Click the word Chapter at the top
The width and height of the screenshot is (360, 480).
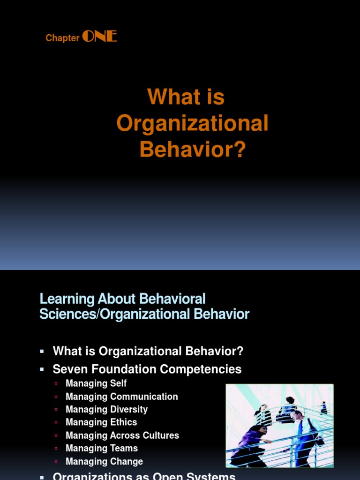pos(62,38)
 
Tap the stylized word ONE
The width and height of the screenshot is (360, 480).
pos(99,37)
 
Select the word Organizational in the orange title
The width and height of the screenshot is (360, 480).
pos(192,123)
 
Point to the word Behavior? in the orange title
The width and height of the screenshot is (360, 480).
pos(192,150)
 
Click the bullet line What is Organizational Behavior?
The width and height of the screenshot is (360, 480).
pos(148,351)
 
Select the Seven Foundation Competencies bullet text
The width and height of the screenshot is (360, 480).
pos(147,369)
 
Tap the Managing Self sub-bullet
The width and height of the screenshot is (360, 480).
pos(96,383)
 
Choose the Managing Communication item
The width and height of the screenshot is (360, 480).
pos(122,397)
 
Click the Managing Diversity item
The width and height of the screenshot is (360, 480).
pos(107,410)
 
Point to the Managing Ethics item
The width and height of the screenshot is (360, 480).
pos(101,422)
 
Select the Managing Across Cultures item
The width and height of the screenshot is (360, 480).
pos(122,435)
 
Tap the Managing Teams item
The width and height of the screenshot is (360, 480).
pos(102,449)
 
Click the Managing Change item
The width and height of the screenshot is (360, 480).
pos(104,462)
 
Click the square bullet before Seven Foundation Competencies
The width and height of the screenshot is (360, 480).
pos(42,369)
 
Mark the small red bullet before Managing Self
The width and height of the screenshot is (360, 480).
pos(57,383)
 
